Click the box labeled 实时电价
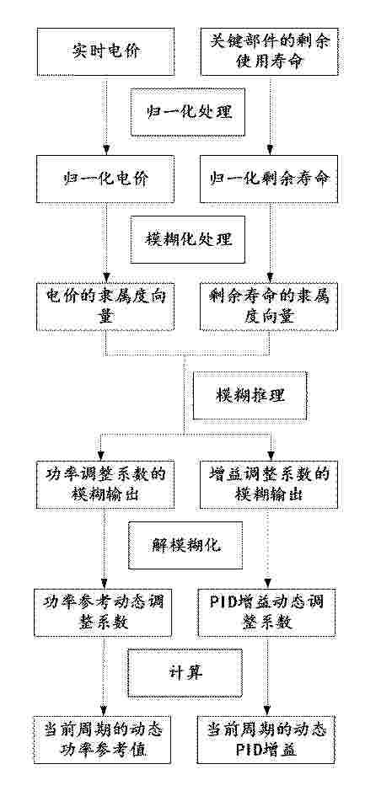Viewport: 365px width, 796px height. point(105,51)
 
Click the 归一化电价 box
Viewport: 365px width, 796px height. point(105,179)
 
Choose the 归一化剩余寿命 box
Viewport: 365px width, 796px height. point(270,179)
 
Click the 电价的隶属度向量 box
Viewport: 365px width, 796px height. point(105,307)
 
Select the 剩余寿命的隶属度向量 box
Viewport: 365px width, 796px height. point(270,307)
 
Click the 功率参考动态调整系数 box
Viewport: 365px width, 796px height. point(104,612)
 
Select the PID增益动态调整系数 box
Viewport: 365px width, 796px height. point(267,612)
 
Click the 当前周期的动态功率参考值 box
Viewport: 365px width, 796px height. point(104,740)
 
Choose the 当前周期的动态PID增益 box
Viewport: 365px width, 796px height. point(267,740)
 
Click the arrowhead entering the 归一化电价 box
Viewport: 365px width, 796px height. point(105,151)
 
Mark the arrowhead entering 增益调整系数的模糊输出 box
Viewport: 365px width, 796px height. point(270,456)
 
